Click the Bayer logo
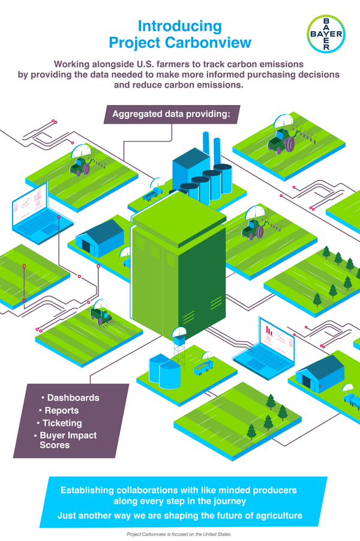tap(326, 34)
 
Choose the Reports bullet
tap(62, 411)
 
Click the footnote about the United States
tap(179, 534)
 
